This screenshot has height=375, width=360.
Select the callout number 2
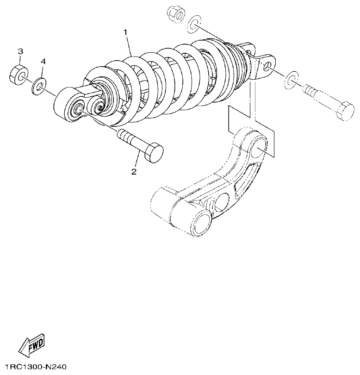click(134, 172)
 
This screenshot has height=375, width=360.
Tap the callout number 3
click(20, 50)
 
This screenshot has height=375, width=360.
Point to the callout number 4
click(43, 61)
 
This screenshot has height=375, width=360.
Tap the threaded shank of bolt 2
click(130, 139)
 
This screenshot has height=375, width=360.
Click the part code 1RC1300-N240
click(33, 368)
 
